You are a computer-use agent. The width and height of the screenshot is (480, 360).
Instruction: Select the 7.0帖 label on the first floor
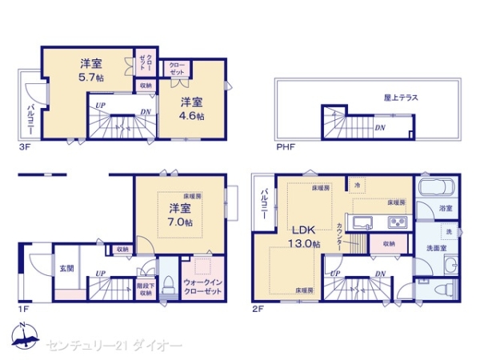pyautogui.click(x=180, y=222)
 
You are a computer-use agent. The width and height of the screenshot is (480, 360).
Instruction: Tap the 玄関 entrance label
pyautogui.click(x=66, y=269)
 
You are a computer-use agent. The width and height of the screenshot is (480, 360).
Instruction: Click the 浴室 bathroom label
pyautogui.click(x=446, y=208)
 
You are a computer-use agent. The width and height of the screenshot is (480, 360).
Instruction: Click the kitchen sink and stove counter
pyautogui.click(x=380, y=221)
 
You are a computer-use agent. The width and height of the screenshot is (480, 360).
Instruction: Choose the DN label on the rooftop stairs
pyautogui.click(x=380, y=126)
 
